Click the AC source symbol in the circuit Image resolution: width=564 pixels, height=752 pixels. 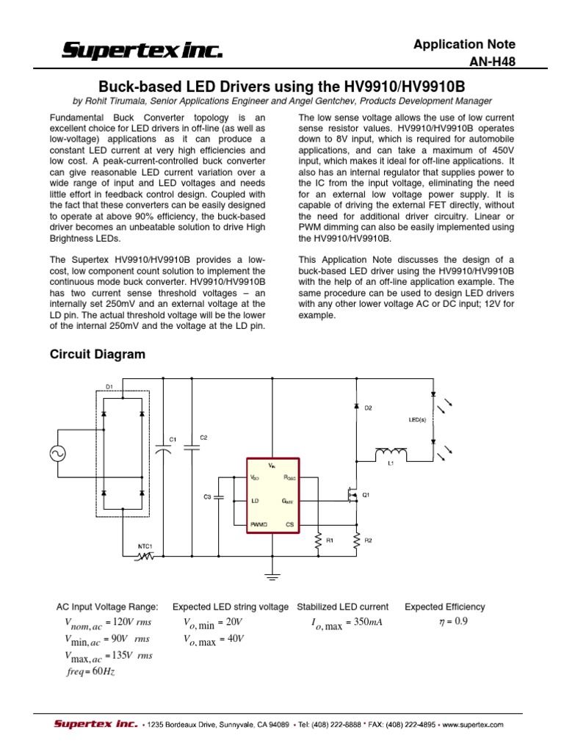(x=56, y=455)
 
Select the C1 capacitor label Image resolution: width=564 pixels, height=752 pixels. (x=173, y=439)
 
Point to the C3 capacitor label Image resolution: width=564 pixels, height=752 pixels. (x=208, y=497)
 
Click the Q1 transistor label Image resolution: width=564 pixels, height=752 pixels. (x=366, y=495)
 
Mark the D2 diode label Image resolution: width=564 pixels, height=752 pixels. (x=369, y=407)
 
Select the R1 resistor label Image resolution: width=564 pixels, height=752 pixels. (x=330, y=540)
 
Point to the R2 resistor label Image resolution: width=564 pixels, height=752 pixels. (x=369, y=540)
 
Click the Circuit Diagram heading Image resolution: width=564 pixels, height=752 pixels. (x=97, y=354)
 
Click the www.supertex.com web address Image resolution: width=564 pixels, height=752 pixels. (x=473, y=724)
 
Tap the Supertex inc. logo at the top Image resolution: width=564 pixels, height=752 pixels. (x=142, y=51)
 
